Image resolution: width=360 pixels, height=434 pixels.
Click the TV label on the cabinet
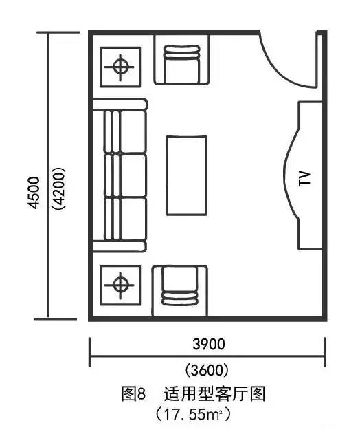coord(305,179)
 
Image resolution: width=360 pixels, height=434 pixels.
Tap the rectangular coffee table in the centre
coord(186,175)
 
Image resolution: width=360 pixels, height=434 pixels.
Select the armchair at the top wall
coord(181,60)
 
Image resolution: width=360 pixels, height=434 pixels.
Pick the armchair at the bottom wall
coord(180,291)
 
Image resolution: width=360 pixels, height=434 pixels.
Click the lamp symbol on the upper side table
coord(120,67)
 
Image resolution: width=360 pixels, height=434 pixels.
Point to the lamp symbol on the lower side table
coord(120,285)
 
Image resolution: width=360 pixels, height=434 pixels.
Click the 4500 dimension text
coord(34,193)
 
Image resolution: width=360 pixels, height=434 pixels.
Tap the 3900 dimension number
coord(209,345)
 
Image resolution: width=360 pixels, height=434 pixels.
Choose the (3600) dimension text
coord(207,370)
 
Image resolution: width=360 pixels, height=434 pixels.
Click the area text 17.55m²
coord(193,415)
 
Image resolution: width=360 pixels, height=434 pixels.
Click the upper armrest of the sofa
coord(120,105)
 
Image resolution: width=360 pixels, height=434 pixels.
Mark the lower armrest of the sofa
coord(119,246)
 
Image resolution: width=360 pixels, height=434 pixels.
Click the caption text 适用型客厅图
coord(214,394)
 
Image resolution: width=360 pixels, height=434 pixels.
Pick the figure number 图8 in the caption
coord(133,394)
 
